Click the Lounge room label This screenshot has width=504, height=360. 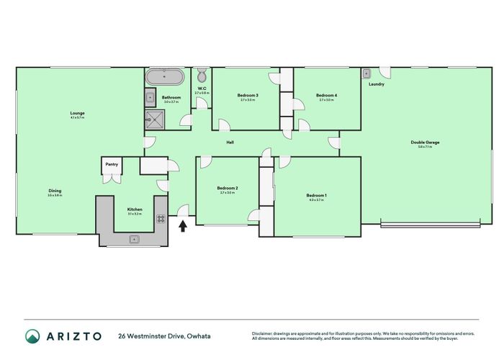77,113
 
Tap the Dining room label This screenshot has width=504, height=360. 55,191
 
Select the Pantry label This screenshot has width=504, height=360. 111,165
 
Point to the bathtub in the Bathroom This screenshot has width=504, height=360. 165,77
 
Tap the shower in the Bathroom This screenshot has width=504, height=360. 153,120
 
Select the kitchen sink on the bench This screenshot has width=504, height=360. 134,239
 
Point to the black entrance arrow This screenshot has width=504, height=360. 183,226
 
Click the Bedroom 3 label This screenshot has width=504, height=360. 248,96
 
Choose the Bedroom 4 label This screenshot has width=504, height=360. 325,96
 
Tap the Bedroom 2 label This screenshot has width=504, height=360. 228,189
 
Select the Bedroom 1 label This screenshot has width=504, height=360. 316,196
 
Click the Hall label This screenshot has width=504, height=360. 230,143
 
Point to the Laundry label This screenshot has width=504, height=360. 376,84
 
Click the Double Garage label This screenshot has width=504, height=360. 425,143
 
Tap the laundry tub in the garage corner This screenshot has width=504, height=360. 366,73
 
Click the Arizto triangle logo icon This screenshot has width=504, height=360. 33,336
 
